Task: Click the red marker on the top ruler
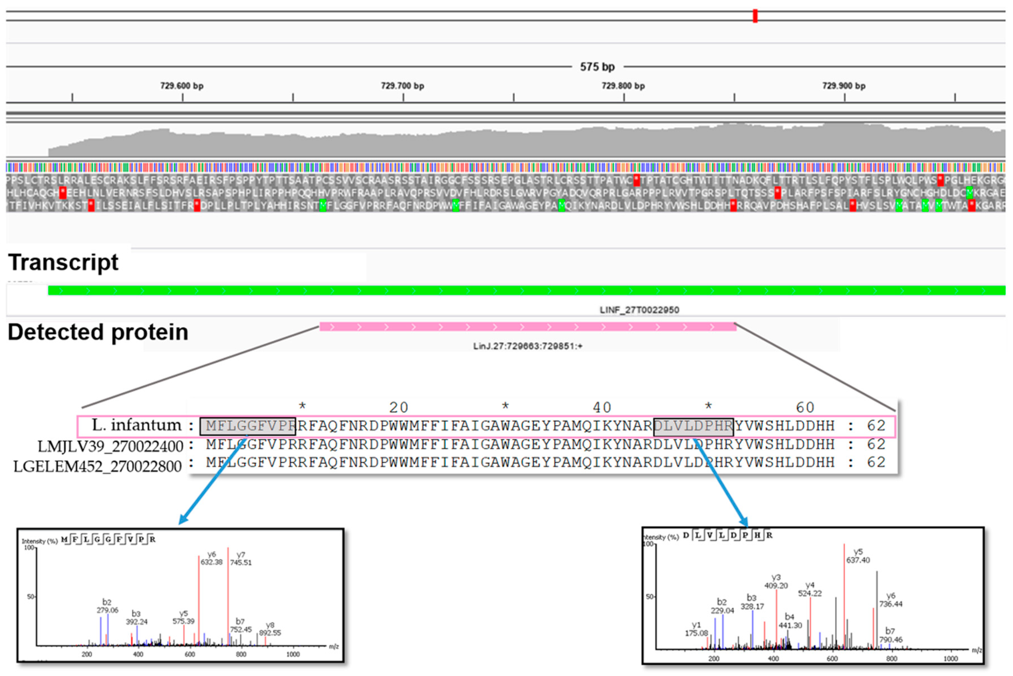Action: [755, 16]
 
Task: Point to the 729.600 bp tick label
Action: [182, 86]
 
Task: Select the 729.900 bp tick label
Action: [844, 86]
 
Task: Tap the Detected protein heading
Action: [98, 332]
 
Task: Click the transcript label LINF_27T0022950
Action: [639, 310]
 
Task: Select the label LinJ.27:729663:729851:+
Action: [528, 346]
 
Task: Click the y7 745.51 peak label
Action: [241, 559]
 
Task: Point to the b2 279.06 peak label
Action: [107, 606]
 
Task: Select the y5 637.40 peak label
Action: [858, 556]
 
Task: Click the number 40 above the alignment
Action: [602, 407]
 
